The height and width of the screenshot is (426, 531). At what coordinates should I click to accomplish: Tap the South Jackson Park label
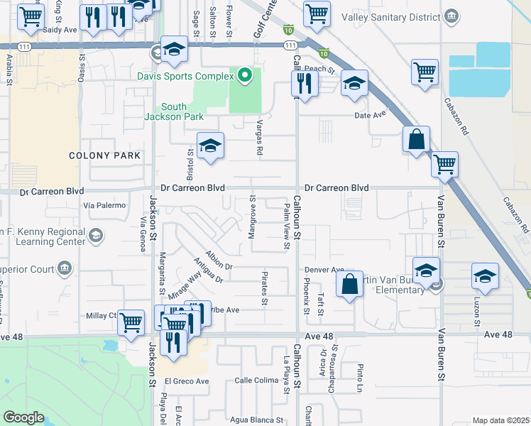175,111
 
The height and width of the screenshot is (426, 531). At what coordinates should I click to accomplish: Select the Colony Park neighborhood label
99,155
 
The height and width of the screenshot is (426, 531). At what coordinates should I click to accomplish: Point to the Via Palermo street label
104,205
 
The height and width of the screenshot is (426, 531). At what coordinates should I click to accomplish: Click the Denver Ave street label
324,270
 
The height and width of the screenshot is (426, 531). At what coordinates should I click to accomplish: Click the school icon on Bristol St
210,146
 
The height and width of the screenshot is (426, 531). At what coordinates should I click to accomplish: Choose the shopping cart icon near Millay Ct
131,322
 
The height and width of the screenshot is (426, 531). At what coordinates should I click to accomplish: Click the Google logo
23,417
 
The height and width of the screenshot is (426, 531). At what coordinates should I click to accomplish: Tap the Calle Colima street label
256,381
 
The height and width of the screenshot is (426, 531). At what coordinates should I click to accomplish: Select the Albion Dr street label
219,260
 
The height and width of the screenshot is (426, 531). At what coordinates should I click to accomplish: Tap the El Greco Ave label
187,381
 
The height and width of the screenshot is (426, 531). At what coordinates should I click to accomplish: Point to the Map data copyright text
500,420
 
